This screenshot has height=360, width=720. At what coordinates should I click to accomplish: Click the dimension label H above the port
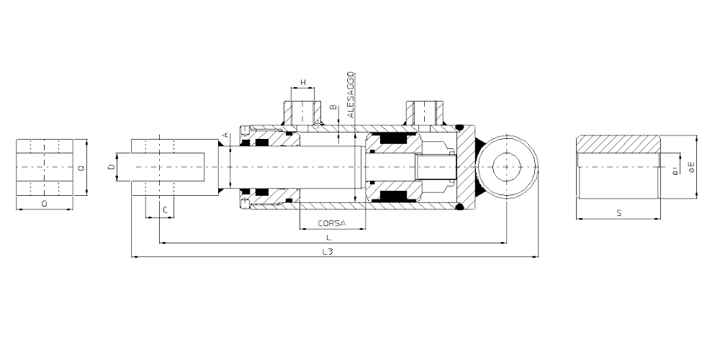click(302, 82)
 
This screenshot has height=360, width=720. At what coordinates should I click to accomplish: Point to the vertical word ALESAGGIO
click(351, 94)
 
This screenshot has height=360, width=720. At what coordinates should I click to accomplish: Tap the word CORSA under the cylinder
click(331, 224)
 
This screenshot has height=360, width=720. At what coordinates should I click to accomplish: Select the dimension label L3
click(327, 251)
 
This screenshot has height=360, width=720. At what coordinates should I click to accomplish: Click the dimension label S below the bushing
click(619, 213)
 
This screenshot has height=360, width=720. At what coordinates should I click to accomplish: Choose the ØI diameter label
click(675, 171)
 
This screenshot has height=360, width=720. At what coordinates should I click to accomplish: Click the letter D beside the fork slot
click(111, 167)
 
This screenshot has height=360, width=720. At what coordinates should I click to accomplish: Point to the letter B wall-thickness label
click(334, 109)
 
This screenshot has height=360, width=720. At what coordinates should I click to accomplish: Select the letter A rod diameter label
click(225, 135)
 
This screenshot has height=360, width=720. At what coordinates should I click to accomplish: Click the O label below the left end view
click(44, 204)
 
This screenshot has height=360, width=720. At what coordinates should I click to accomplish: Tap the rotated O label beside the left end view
click(81, 168)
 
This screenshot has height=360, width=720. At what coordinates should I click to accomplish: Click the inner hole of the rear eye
click(507, 167)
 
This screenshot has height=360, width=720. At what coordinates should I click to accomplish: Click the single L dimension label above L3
click(328, 238)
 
